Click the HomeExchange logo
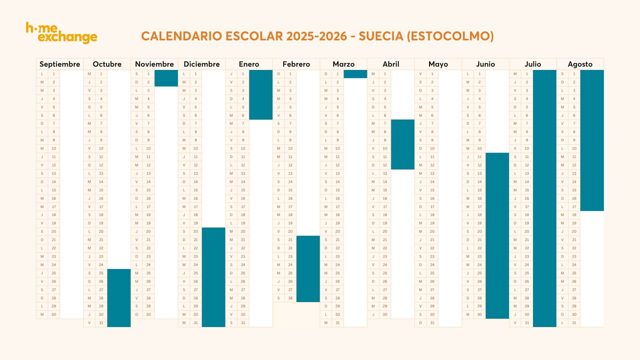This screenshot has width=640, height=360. click(x=62, y=33)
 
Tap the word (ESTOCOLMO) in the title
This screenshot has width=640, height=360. click(x=450, y=36)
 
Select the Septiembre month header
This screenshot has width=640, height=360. click(x=60, y=64)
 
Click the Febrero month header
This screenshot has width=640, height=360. click(x=296, y=64)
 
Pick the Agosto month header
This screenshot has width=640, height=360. click(x=580, y=64)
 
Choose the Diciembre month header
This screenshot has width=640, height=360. click(x=202, y=64)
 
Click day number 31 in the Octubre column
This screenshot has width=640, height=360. click(x=101, y=323)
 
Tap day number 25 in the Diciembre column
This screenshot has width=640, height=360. click(x=196, y=273)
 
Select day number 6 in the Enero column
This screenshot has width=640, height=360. click(x=243, y=115)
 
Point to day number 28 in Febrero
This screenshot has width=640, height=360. click(x=290, y=298)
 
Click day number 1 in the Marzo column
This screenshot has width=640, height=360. click(x=338, y=74)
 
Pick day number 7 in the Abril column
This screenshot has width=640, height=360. click(x=385, y=124)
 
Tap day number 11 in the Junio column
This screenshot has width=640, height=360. click(x=480, y=157)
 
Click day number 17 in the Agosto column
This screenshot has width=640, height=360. click(x=574, y=207)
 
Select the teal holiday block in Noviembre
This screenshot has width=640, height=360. click(x=166, y=78)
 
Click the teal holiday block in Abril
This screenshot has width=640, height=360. click(x=403, y=144)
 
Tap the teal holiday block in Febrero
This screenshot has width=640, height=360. click(x=308, y=269)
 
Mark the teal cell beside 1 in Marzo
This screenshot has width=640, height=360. click(x=355, y=74)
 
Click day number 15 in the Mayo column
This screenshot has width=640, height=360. click(x=432, y=190)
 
